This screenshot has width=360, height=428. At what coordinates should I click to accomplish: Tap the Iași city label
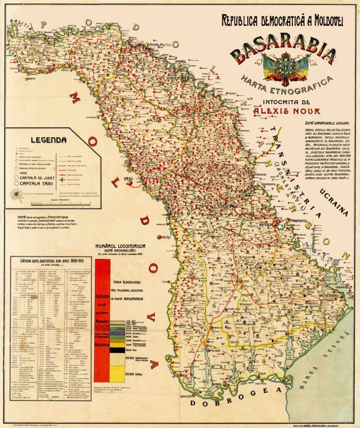coord(128,179)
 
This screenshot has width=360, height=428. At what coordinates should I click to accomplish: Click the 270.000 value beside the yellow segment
coord(132,374)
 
